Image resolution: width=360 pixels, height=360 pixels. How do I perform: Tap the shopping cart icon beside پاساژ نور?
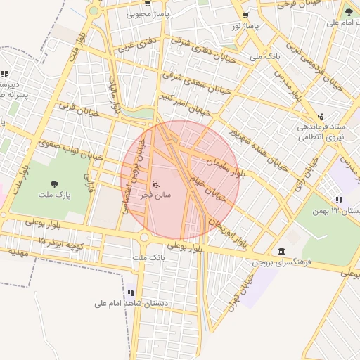[x=245, y=15]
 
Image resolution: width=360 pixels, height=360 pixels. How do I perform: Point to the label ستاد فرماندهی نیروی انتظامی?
[x=321, y=132]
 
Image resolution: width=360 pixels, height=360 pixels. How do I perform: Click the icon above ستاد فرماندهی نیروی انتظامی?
[x=321, y=116]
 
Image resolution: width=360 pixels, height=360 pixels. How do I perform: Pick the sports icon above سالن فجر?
[x=155, y=185]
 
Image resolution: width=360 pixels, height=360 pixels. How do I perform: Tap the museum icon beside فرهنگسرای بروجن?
[x=281, y=251]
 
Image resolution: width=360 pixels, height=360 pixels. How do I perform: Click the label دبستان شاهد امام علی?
[x=129, y=304]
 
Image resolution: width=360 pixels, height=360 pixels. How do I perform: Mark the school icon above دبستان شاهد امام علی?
[x=131, y=292]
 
